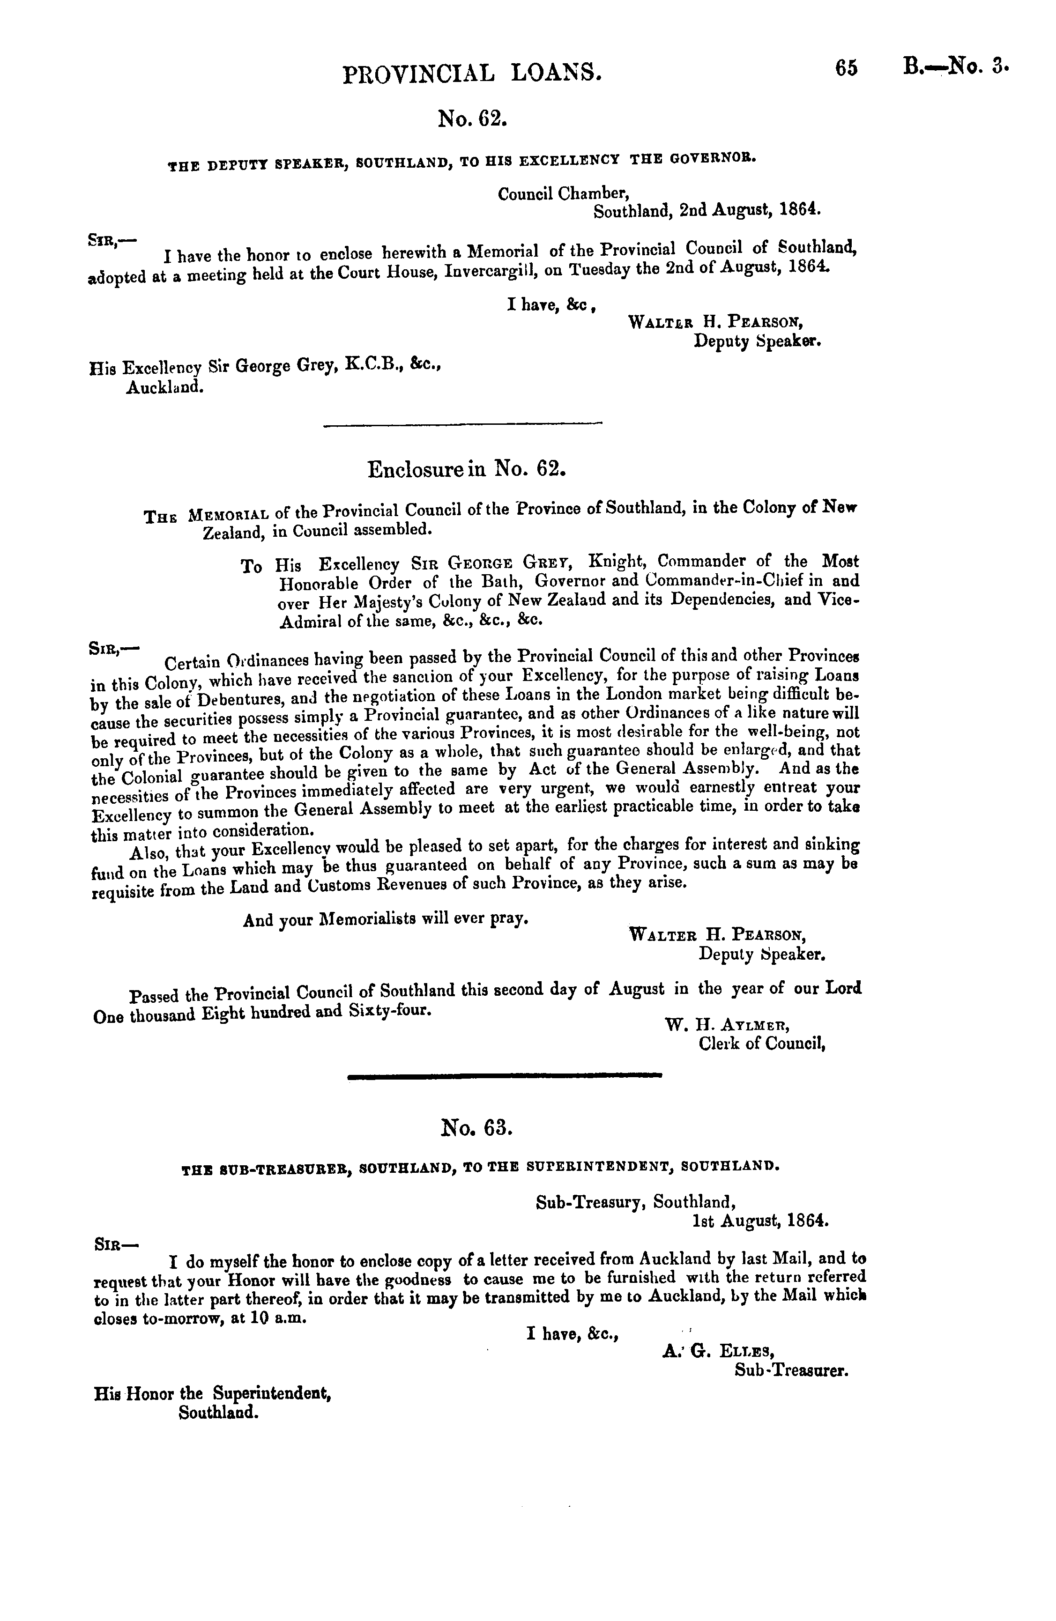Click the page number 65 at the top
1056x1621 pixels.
(844, 69)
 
